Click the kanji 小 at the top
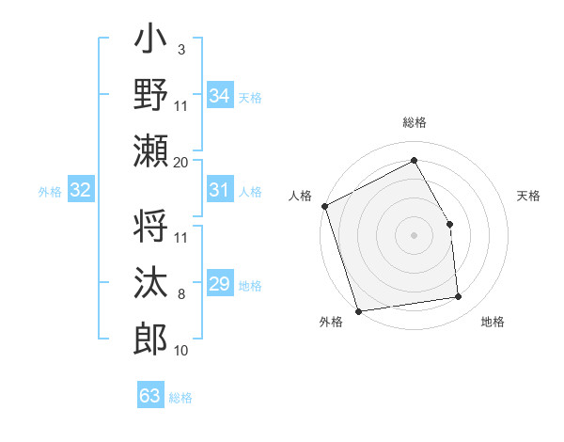point(150,43)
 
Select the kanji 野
point(150,94)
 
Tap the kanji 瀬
point(150,150)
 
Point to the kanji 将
point(150,226)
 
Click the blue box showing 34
point(219,95)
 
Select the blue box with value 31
point(219,190)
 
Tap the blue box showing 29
point(219,284)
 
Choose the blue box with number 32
point(81,190)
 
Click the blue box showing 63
point(149,395)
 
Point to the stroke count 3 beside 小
point(180,49)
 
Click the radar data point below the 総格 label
point(414,160)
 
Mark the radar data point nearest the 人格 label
point(324,206)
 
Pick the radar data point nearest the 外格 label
point(358,310)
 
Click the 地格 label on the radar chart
point(493,323)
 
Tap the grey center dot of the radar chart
point(414,234)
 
